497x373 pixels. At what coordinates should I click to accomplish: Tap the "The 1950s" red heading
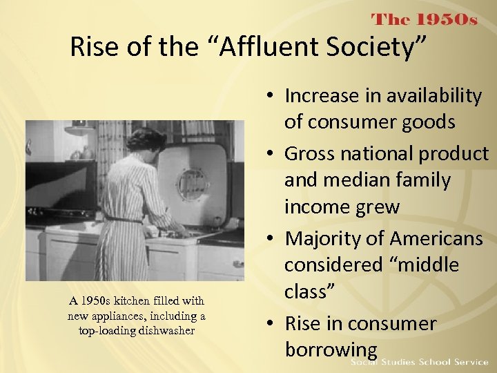point(425,20)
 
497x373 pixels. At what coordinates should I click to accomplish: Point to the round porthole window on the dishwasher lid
point(193,184)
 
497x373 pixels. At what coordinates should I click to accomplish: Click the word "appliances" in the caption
point(169,316)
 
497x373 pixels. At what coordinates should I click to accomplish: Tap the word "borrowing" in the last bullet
point(331,350)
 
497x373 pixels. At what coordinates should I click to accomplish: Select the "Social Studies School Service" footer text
point(419,363)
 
